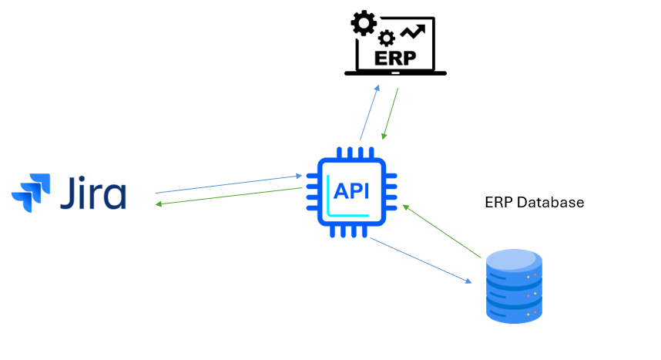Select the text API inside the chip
(x=352, y=190)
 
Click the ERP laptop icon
(x=394, y=45)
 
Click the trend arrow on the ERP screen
(x=414, y=30)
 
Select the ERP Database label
(x=534, y=203)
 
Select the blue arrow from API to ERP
(x=370, y=113)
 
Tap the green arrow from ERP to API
(x=390, y=114)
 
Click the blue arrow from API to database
(x=420, y=260)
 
